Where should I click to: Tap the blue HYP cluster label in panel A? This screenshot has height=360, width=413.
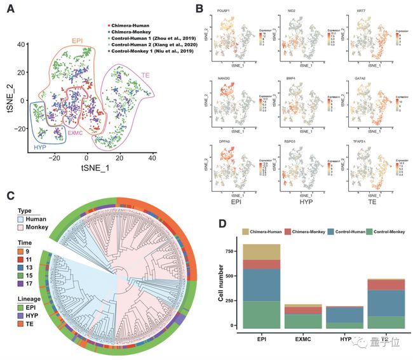[39, 147]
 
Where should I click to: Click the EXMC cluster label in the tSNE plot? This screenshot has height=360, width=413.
[76, 133]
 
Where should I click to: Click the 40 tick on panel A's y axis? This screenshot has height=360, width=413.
[20, 44]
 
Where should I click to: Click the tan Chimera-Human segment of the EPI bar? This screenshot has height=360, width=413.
[261, 251]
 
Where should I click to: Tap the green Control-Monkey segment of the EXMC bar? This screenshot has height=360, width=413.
[303, 320]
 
